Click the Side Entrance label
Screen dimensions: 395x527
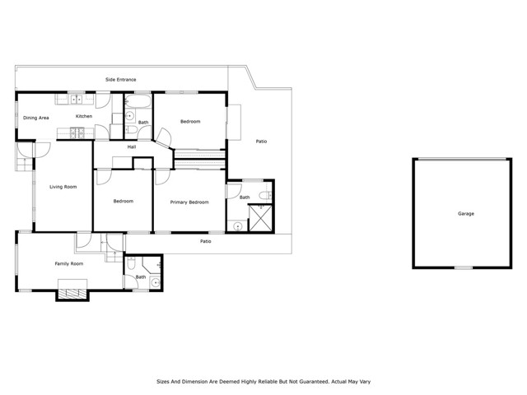(120, 79)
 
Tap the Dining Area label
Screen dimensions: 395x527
(36, 117)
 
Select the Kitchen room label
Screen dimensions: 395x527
(84, 116)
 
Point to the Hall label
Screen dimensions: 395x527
(132, 147)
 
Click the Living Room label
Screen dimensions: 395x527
(63, 187)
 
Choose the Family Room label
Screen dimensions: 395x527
(69, 263)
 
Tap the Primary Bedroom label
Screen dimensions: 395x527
(189, 201)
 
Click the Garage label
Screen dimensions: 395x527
(466, 213)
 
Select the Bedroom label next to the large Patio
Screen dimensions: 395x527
(190, 121)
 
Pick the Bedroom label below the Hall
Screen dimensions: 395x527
(123, 201)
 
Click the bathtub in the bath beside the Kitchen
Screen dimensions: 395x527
(138, 102)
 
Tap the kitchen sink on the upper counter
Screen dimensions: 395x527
(74, 100)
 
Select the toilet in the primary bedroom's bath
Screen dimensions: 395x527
(264, 194)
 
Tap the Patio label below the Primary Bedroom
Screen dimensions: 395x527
(206, 241)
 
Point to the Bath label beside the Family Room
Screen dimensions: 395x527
(141, 276)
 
